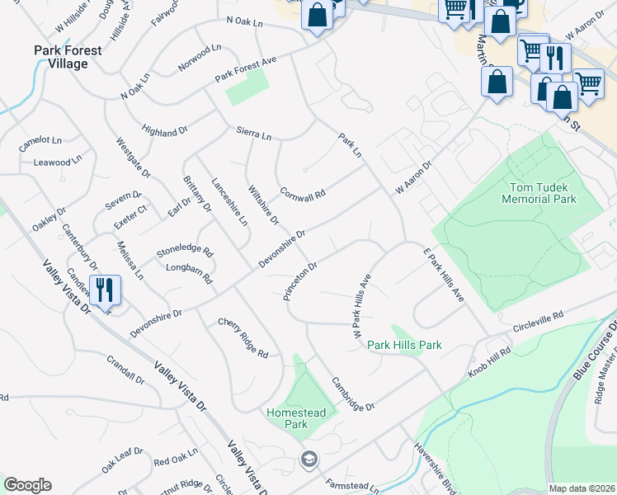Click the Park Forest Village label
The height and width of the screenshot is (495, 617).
[68, 57]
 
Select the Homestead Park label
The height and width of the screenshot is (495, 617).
[296, 418]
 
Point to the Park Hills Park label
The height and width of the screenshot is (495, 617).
[404, 345]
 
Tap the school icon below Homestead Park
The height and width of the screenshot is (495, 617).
[308, 460]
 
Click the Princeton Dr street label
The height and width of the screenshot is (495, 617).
[300, 282]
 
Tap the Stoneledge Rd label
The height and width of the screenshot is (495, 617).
[185, 250]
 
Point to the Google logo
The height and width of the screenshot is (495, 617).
[27, 485]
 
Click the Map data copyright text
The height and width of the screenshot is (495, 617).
[582, 488]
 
